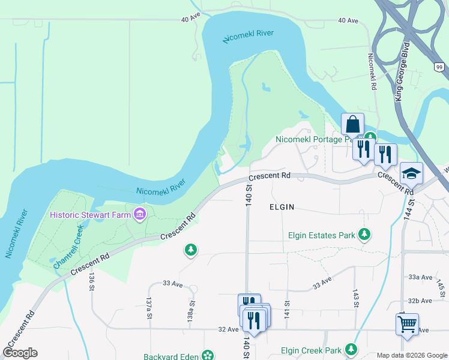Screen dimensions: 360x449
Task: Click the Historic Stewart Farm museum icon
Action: click(x=140, y=214)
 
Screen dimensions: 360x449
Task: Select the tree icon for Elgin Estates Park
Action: click(x=364, y=235)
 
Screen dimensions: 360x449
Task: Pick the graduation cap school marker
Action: click(x=411, y=173)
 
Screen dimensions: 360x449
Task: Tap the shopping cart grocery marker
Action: click(x=407, y=325)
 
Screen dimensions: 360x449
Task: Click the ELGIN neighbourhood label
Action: click(x=282, y=207)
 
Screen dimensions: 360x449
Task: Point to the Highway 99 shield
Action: click(x=439, y=67)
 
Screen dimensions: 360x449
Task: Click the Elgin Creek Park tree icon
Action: click(x=351, y=350)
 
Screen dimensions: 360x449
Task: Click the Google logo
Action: click(x=20, y=353)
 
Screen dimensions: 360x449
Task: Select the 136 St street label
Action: click(x=91, y=281)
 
